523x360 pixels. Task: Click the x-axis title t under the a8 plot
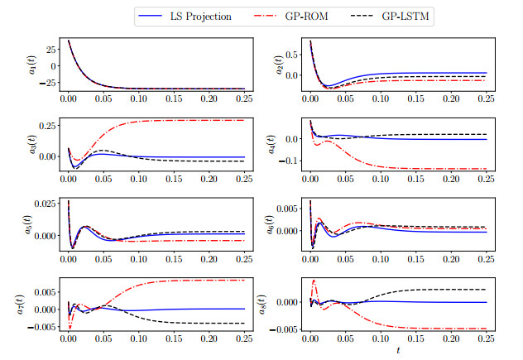397,351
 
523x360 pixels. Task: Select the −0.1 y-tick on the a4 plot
291,161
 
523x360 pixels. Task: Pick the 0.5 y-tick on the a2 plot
295,56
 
